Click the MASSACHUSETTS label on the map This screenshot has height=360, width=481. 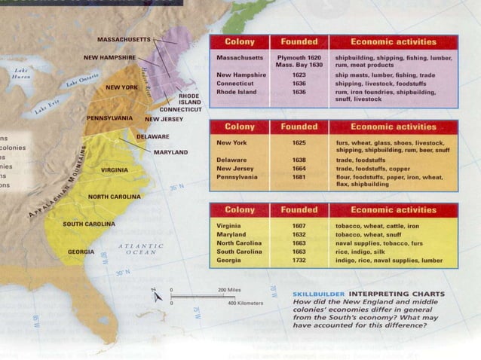coord(125,38)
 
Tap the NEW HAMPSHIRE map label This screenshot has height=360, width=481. coord(109,57)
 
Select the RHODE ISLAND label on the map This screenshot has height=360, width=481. coord(189,99)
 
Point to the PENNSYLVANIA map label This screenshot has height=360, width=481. coord(110,119)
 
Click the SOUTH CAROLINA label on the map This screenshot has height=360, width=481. coord(89,224)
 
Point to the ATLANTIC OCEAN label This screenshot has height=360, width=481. coord(141,249)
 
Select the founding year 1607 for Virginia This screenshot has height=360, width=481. coord(299,226)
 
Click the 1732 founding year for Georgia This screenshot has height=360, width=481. coord(299,260)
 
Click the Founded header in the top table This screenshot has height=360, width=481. coord(299,41)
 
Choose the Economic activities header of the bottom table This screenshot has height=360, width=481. coord(394,209)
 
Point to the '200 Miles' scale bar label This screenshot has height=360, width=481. coord(228,290)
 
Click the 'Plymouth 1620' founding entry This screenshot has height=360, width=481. coord(299,58)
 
